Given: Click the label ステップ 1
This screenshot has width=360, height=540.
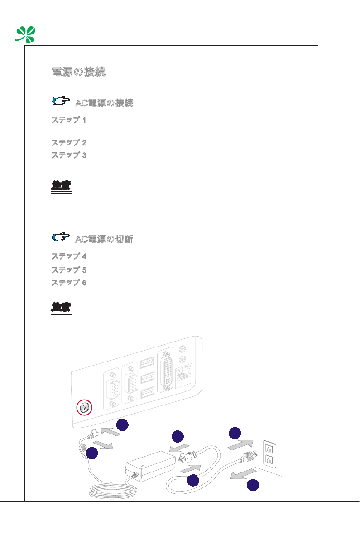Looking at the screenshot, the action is [68, 121].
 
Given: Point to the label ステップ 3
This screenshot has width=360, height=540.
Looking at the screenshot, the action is [68, 155].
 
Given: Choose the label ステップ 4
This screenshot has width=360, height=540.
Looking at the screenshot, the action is [68, 256].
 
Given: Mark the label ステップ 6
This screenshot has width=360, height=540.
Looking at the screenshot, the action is [68, 282].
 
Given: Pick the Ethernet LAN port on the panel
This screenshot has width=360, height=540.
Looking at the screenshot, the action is [183, 375].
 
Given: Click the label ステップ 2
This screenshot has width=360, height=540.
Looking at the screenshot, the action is [68, 142].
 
